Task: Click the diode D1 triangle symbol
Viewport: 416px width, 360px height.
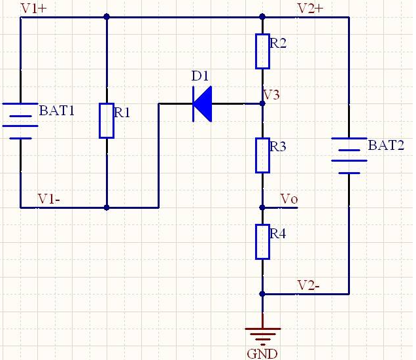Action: pos(203,103)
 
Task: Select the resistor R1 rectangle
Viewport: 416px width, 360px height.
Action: pos(107,120)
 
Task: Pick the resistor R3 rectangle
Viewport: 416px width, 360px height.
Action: pos(262,155)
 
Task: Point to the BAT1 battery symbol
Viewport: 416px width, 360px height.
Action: pos(21,120)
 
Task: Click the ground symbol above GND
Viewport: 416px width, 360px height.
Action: pos(262,334)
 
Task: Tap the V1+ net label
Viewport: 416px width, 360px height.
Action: pos(34,9)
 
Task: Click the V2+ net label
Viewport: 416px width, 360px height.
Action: pos(310,9)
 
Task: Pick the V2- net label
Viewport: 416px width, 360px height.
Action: pos(309,285)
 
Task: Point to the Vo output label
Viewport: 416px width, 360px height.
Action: pos(288,198)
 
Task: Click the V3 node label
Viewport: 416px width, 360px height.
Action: pos(272,95)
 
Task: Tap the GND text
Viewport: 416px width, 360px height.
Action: pos(262,354)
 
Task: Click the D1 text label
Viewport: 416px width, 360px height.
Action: pos(199,77)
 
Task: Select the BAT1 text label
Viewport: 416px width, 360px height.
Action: pos(57,111)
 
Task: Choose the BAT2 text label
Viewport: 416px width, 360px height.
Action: pos(386,145)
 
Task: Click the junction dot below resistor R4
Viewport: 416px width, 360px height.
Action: pos(262,294)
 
